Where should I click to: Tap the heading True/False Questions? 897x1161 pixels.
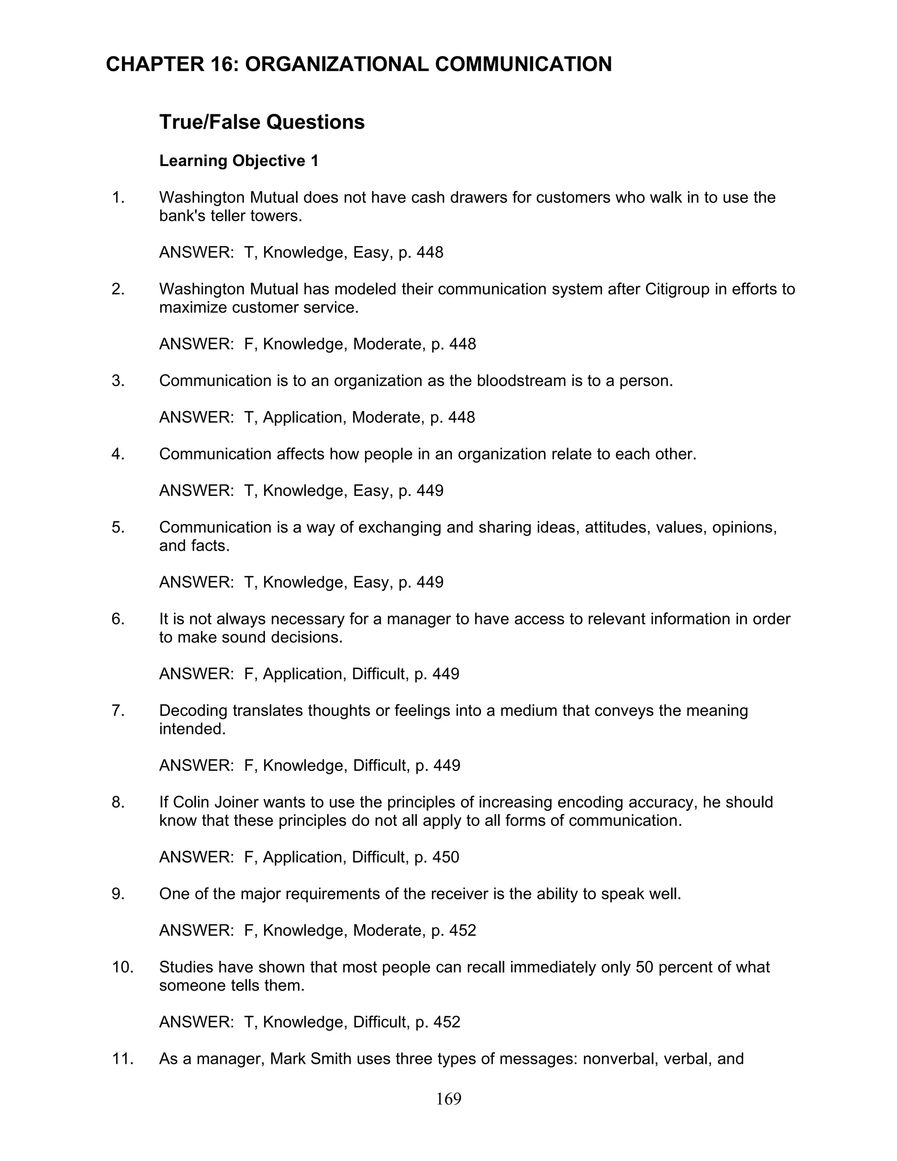click(x=262, y=122)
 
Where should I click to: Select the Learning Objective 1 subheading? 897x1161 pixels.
click(x=239, y=160)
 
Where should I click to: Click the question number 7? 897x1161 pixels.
click(x=118, y=711)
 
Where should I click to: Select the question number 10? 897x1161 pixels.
click(x=122, y=967)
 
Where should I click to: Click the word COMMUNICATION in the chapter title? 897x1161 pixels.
click(x=523, y=64)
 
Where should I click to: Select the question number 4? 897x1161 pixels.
click(x=118, y=454)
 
